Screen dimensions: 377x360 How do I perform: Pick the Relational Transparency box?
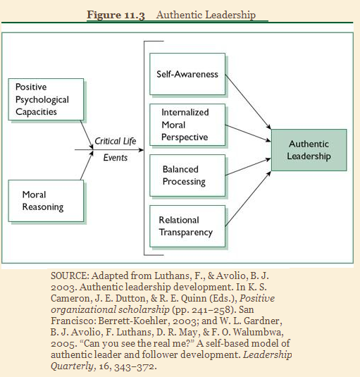click(x=185, y=225)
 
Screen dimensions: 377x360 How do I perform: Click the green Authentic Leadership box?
click(x=309, y=149)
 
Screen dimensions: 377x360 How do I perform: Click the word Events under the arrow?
click(x=116, y=158)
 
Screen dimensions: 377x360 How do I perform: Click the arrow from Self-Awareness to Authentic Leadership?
click(x=243, y=103)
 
